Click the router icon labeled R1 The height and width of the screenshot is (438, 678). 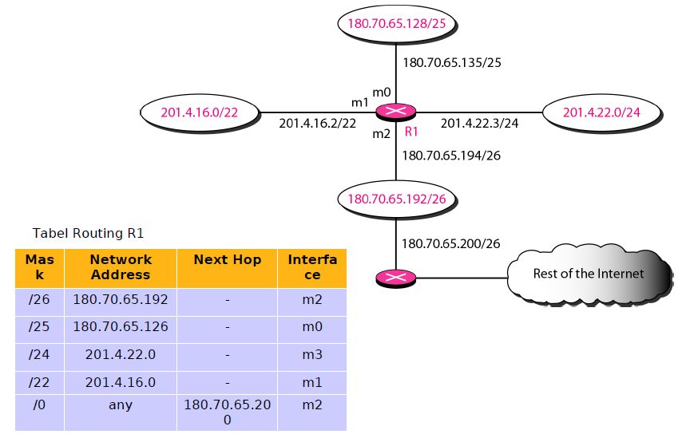click(396, 112)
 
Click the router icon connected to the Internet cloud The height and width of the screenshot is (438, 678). click(396, 278)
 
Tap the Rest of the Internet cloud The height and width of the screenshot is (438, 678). click(589, 274)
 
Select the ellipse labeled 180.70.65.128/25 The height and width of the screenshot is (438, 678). click(397, 23)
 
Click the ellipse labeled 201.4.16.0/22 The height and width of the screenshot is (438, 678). click(200, 112)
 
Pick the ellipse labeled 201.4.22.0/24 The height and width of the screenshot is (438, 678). click(601, 112)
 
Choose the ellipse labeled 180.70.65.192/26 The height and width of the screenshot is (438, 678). click(397, 198)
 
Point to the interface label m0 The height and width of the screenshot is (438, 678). click(382, 92)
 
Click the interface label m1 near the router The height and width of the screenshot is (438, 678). click(360, 103)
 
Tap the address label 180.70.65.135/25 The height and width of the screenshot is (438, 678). click(451, 61)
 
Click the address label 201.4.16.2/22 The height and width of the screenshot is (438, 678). click(317, 124)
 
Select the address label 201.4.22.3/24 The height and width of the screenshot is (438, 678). click(479, 124)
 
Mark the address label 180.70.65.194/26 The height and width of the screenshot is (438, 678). click(451, 156)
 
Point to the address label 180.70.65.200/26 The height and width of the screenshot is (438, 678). click(451, 243)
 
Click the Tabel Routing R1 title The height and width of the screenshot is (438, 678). click(88, 234)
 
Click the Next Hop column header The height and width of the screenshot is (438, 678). click(227, 260)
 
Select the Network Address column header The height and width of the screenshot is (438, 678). click(121, 267)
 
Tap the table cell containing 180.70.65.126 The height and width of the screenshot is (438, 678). click(121, 327)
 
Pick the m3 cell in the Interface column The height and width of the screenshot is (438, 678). click(312, 355)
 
